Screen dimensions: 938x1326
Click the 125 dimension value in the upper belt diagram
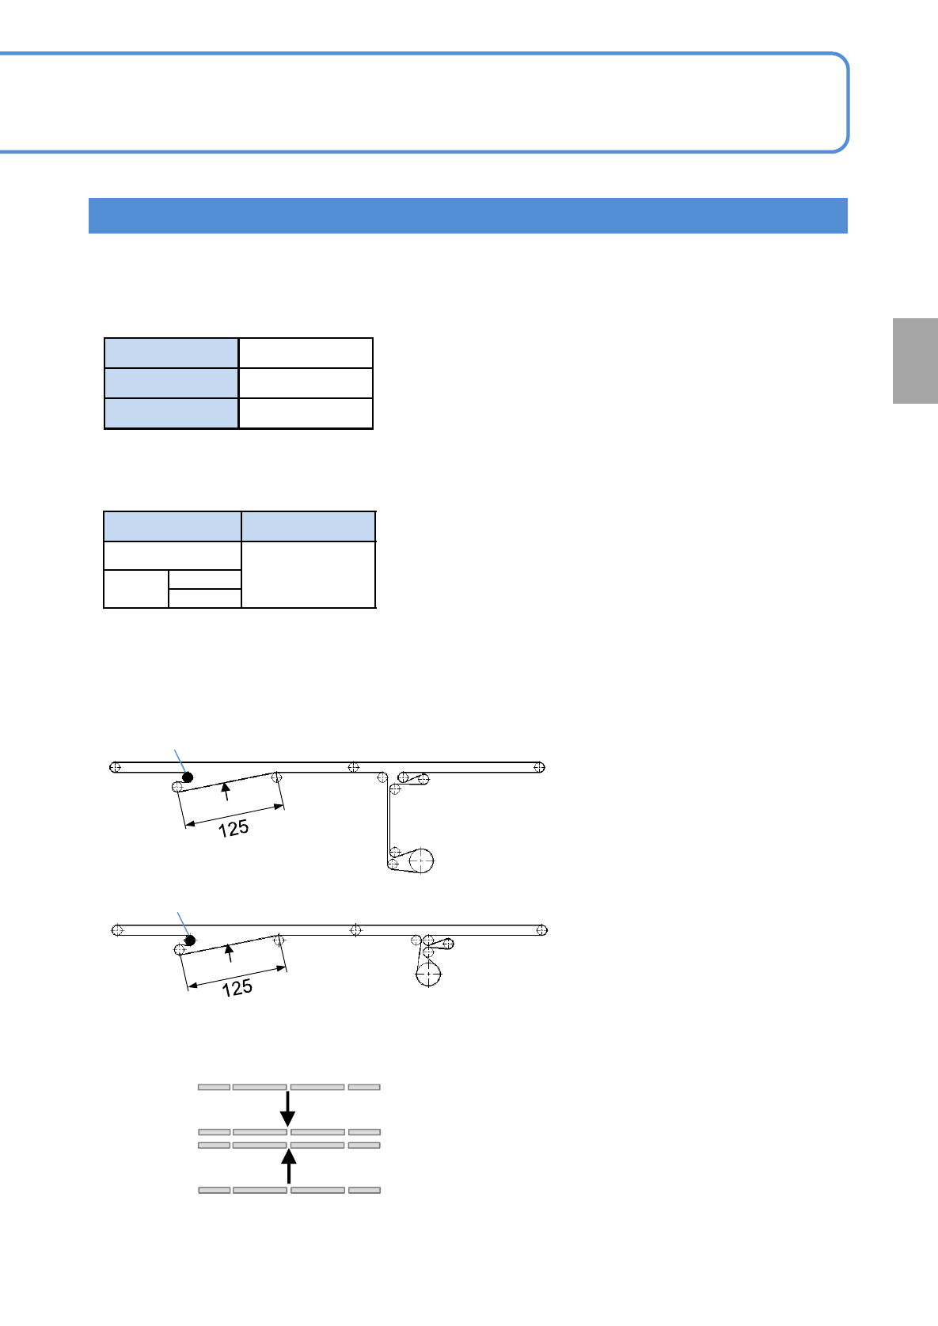click(234, 828)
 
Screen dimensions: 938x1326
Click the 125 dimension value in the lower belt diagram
click(237, 988)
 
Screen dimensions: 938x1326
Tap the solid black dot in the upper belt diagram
click(188, 777)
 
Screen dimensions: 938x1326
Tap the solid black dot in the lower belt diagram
click(190, 940)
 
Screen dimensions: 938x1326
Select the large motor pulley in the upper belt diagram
click(420, 861)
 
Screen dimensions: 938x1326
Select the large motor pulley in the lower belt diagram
click(428, 974)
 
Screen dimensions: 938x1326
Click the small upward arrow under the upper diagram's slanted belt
click(226, 791)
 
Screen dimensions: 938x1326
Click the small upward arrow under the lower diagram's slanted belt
click(230, 952)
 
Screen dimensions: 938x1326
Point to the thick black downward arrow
click(288, 1108)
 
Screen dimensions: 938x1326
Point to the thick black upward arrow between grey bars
click(289, 1166)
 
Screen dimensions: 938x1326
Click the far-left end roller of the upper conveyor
click(116, 767)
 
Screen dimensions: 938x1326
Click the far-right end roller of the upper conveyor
click(539, 767)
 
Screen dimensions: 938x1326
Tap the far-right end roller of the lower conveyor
click(541, 930)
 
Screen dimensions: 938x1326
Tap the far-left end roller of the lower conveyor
click(118, 930)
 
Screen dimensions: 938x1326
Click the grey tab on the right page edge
click(915, 361)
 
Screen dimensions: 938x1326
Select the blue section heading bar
click(468, 215)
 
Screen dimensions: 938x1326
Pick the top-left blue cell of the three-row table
click(171, 353)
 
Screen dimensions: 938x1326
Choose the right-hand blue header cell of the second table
click(308, 526)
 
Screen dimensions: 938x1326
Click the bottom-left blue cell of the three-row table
click(171, 413)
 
